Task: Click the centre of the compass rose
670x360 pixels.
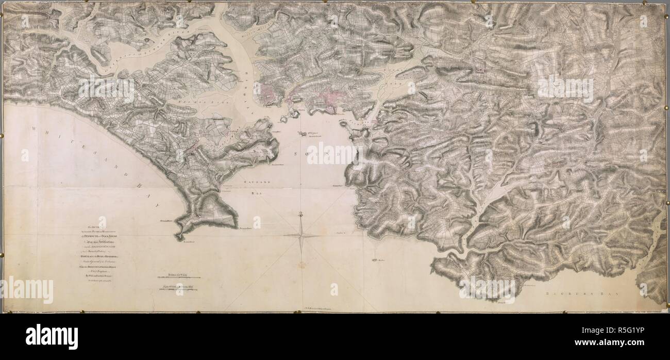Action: [x=300, y=235]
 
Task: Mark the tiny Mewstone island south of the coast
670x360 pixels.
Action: [x=375, y=260]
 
